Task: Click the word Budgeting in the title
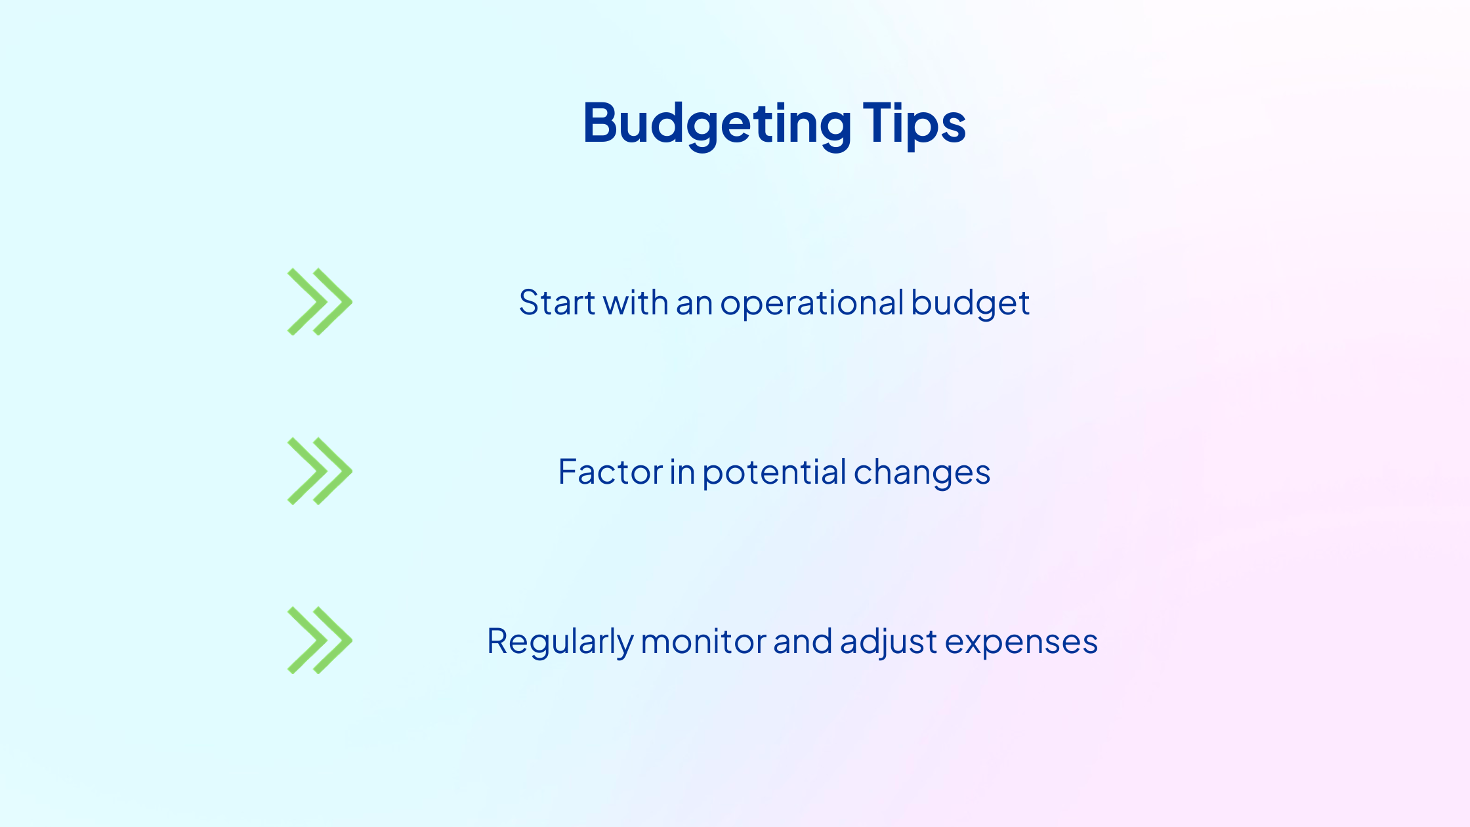click(x=717, y=125)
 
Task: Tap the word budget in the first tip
click(x=970, y=304)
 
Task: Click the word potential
click(x=774, y=473)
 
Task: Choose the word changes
click(x=922, y=473)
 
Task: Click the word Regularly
click(x=560, y=643)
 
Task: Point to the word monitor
click(x=703, y=641)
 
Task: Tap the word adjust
click(x=889, y=643)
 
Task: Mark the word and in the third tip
click(x=803, y=641)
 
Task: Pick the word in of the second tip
click(x=682, y=472)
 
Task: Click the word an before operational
click(x=694, y=305)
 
